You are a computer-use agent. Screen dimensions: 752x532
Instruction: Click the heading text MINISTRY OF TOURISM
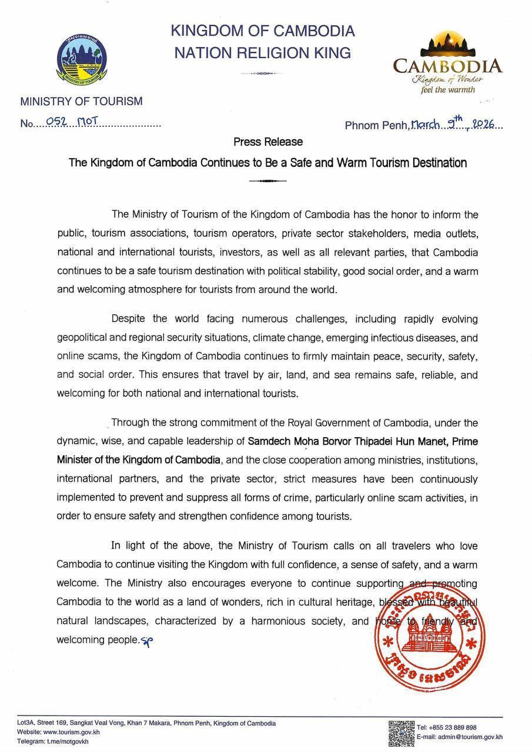[81, 101]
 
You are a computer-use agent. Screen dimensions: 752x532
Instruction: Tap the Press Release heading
[268, 142]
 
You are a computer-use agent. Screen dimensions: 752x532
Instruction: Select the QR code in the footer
[401, 733]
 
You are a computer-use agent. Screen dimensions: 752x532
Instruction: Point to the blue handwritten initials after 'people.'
[146, 641]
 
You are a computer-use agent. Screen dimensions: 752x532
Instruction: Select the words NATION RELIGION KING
[262, 53]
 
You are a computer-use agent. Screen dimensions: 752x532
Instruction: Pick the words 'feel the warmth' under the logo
[447, 89]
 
